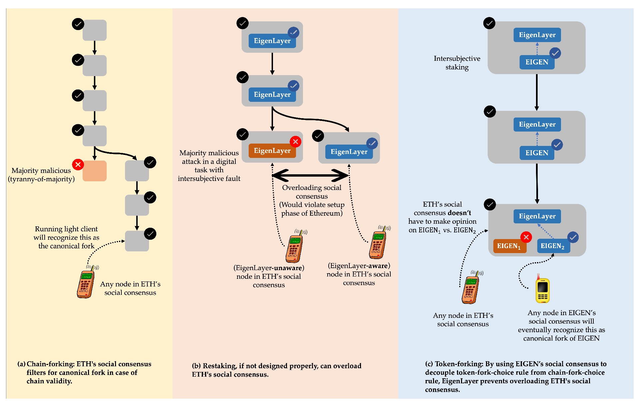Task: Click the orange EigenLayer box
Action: click(272, 151)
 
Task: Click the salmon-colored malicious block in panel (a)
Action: click(94, 171)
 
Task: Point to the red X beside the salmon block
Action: click(78, 164)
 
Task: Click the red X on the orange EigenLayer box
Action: click(295, 142)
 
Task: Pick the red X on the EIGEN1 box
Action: click(526, 237)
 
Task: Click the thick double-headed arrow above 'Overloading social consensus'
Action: click(310, 175)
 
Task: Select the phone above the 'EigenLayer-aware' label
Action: click(378, 243)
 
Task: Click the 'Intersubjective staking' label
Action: click(457, 63)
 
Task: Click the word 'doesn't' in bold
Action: click(459, 213)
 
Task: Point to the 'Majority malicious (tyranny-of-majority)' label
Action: click(41, 175)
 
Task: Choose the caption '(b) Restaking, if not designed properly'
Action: click(276, 370)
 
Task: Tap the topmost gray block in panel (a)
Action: click(94, 30)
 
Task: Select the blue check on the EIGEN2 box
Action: click(573, 237)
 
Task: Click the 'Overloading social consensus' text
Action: click(312, 192)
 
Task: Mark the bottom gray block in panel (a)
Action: click(137, 241)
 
